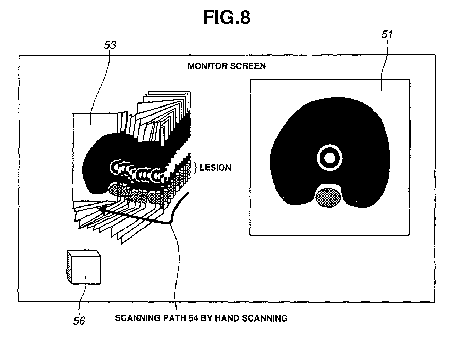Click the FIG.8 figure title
click(226, 17)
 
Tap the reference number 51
click(387, 35)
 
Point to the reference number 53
click(110, 45)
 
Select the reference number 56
click(79, 321)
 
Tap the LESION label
click(215, 168)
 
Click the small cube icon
click(84, 267)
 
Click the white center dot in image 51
click(329, 158)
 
